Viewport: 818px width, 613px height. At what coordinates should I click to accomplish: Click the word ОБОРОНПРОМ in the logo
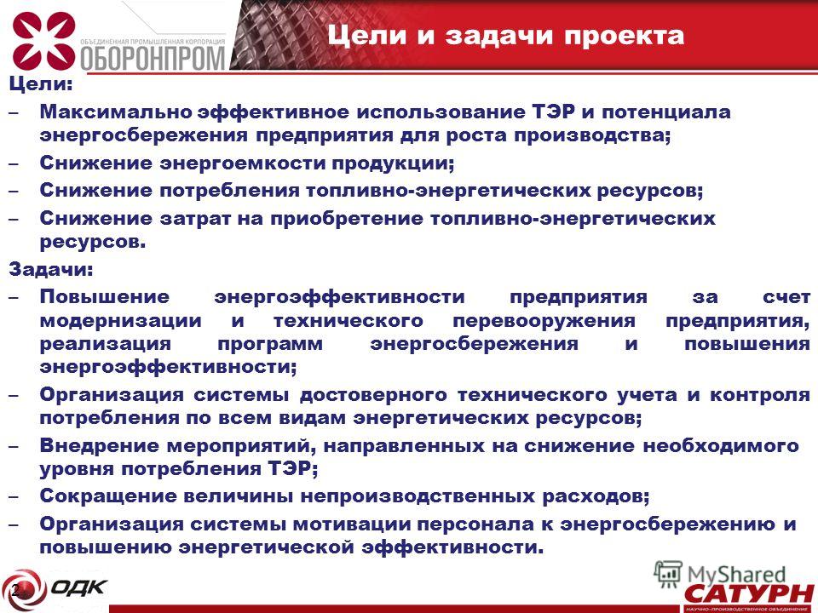(153, 58)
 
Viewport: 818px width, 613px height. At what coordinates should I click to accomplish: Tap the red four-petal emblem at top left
(43, 41)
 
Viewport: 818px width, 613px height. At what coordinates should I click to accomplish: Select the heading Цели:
(41, 84)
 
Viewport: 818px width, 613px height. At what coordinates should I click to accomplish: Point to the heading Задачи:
(50, 269)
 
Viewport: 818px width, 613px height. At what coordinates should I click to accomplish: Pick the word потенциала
(666, 112)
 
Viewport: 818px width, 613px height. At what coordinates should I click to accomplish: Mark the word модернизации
(120, 320)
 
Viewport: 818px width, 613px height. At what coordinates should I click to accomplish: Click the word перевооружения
(544, 320)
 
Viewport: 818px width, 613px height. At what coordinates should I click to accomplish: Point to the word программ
(270, 344)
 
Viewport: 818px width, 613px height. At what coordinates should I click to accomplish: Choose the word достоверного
(373, 394)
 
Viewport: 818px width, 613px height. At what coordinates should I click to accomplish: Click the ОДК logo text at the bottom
(79, 587)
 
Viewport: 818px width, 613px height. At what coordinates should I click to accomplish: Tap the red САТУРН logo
(749, 594)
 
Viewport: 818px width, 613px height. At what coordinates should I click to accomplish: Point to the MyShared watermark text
(736, 575)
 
